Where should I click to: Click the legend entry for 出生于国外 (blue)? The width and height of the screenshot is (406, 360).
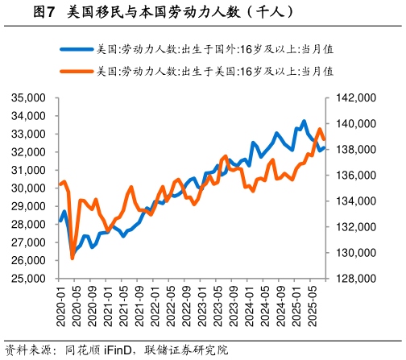[214, 48]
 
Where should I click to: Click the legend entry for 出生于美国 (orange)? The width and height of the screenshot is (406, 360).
[214, 71]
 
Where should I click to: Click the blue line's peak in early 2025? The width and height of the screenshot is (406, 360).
[304, 122]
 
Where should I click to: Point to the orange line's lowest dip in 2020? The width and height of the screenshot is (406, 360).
[72, 258]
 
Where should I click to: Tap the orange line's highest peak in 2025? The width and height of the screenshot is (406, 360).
[319, 130]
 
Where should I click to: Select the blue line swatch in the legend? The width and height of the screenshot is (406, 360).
[76, 48]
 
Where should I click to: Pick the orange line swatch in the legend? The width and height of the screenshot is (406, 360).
[76, 71]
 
